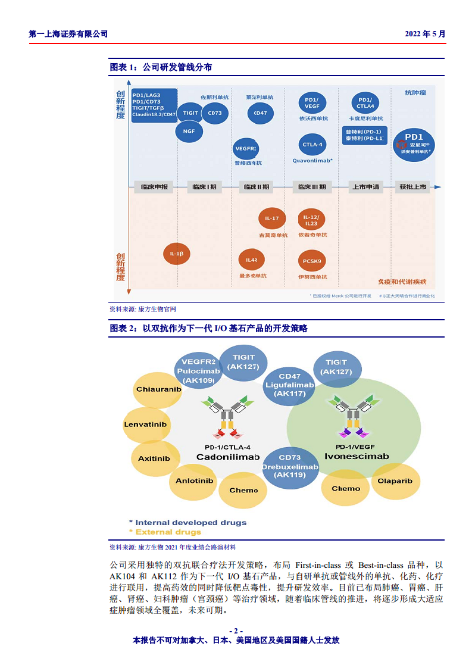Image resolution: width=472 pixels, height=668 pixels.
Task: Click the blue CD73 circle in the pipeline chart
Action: coord(215,113)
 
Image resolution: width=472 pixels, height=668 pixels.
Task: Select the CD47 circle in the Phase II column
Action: coord(260,113)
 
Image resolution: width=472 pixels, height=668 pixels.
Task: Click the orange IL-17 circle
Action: coord(272,218)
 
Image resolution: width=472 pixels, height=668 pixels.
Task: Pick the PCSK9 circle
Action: coord(312,261)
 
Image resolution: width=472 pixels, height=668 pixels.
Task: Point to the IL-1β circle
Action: coord(177,254)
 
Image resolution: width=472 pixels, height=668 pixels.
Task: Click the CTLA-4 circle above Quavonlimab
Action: coord(312,145)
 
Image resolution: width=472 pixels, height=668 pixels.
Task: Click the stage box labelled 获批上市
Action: coord(413,187)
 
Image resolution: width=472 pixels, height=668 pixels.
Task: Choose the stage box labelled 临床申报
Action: coord(155,187)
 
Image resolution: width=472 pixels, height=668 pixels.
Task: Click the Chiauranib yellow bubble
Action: coord(158,389)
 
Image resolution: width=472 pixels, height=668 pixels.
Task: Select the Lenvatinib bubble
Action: coord(145,424)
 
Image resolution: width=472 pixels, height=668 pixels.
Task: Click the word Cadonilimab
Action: coord(228,457)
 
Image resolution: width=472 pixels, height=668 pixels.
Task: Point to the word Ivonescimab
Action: coord(357,456)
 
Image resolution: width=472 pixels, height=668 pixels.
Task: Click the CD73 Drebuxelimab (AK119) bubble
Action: coord(290,467)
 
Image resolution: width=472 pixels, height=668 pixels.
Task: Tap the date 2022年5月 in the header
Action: coord(425,34)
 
